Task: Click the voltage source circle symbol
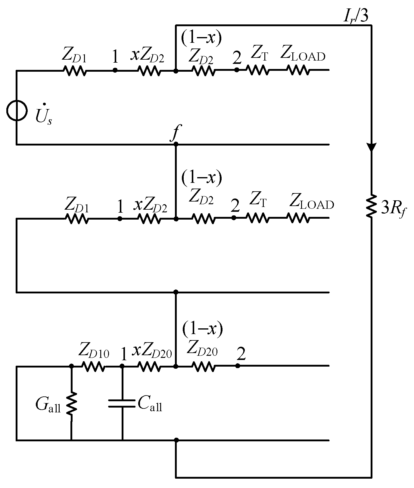click(17, 110)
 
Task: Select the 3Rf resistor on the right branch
click(371, 206)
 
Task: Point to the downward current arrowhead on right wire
click(371, 147)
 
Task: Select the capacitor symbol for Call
click(122, 403)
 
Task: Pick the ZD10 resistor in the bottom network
click(93, 367)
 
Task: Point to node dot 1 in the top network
click(115, 70)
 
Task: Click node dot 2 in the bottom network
click(238, 366)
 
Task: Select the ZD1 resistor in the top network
click(74, 71)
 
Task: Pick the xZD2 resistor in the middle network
click(150, 218)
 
